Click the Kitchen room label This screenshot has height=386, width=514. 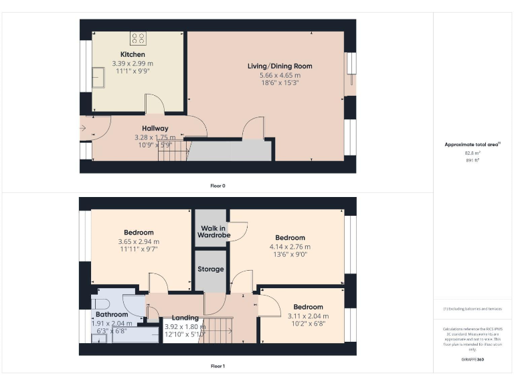[x=133, y=54]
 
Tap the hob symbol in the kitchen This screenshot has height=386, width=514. [x=139, y=38]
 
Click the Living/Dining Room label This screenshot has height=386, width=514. [x=280, y=66]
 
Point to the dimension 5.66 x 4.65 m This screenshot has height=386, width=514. [x=280, y=75]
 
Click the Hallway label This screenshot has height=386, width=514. [x=155, y=128]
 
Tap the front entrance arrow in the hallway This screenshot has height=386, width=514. [x=85, y=127]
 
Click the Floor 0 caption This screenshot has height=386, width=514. [x=218, y=186]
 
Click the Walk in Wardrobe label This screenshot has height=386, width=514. [x=213, y=232]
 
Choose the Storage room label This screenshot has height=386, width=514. [x=210, y=269]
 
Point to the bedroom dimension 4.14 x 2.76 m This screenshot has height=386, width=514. [x=290, y=247]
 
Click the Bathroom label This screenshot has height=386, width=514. [x=111, y=314]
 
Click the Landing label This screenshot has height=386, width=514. [x=185, y=318]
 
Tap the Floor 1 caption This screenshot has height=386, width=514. [x=218, y=367]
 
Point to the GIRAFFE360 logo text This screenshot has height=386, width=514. [x=473, y=361]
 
